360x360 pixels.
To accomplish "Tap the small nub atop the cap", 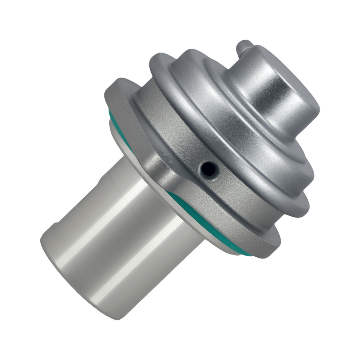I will pos(245,47).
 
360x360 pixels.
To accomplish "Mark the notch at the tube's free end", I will pos(54,226).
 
